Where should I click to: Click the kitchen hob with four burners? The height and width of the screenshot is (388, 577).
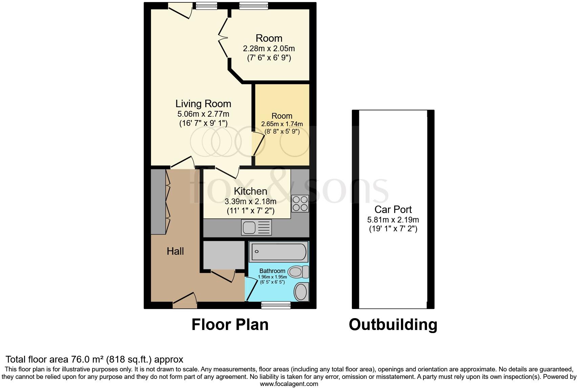(300, 203)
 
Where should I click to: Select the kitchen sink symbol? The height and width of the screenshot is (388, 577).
(256, 227)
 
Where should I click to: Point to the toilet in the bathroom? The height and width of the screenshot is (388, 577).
(298, 272)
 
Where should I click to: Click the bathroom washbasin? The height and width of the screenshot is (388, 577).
(301, 291)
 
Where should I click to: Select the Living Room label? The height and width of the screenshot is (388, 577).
(203, 104)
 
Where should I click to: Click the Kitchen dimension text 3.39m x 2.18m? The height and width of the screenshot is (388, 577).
(250, 202)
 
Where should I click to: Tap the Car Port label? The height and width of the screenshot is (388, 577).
(393, 209)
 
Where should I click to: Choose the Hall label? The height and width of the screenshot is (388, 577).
(175, 251)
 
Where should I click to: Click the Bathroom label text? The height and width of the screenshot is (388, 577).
(272, 271)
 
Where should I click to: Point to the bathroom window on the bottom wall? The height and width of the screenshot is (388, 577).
(276, 305)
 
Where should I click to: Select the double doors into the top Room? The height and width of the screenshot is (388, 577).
(223, 38)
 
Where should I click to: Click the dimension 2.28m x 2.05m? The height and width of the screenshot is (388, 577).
(269, 48)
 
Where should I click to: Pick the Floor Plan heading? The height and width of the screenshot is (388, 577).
(230, 325)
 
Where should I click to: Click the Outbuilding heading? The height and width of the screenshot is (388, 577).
(393, 325)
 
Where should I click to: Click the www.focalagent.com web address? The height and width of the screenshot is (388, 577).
(289, 384)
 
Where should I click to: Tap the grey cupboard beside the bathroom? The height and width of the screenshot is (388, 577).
(223, 255)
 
